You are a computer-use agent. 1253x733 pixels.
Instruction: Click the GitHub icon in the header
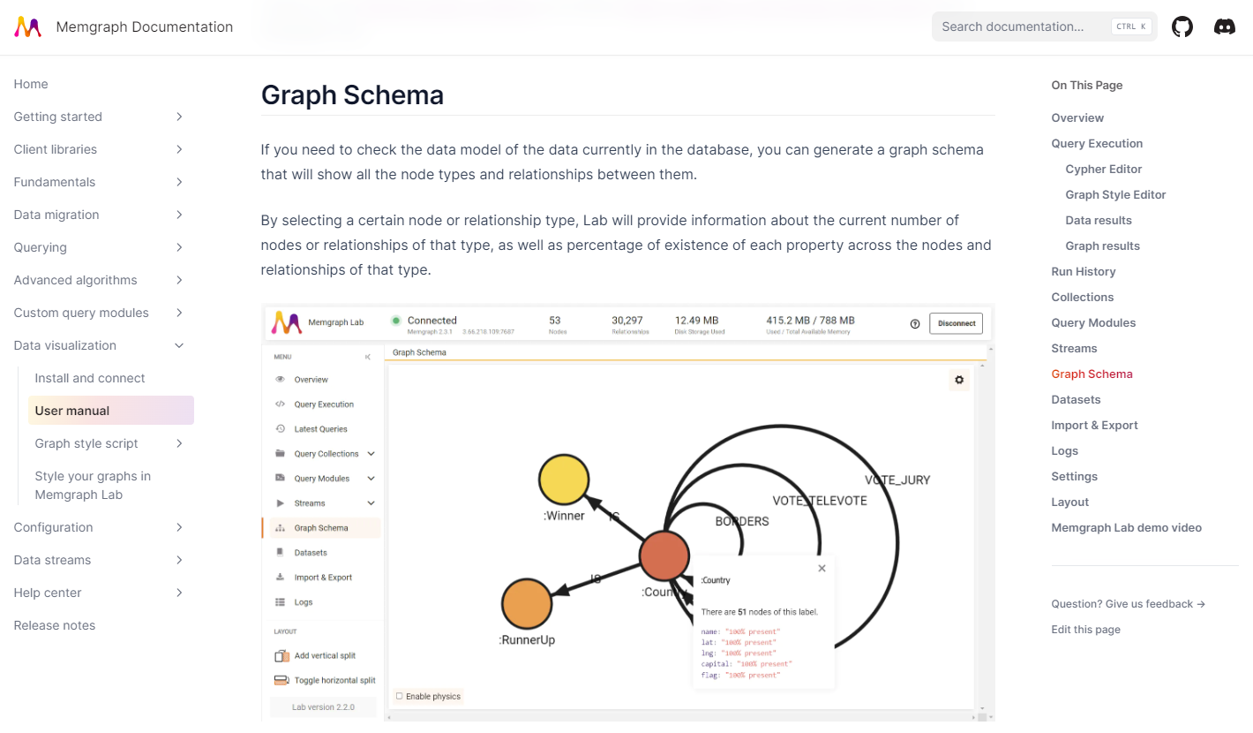pyautogui.click(x=1182, y=26)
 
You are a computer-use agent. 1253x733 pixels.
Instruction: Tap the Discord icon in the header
pyautogui.click(x=1225, y=26)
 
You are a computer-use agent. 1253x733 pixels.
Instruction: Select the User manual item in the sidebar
pyautogui.click(x=72, y=411)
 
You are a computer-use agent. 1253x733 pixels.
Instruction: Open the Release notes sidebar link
pyautogui.click(x=55, y=625)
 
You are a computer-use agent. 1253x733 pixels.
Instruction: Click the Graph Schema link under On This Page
pyautogui.click(x=1092, y=374)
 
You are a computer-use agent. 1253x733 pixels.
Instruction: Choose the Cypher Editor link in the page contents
pyautogui.click(x=1103, y=169)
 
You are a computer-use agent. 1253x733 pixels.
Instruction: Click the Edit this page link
pyautogui.click(x=1085, y=630)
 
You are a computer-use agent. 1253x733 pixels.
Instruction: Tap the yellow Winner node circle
pyautogui.click(x=564, y=480)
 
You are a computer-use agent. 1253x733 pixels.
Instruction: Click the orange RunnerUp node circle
pyautogui.click(x=527, y=604)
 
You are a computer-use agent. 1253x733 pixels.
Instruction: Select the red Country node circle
pyautogui.click(x=664, y=555)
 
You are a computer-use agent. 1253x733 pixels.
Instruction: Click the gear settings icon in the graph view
pyautogui.click(x=959, y=380)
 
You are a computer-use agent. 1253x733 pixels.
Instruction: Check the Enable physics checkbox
pyautogui.click(x=400, y=696)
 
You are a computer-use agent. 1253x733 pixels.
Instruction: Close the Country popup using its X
pyautogui.click(x=822, y=569)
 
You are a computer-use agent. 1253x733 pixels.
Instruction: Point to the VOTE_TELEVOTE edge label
pyautogui.click(x=819, y=501)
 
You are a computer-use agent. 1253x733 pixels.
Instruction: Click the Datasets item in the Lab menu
pyautogui.click(x=311, y=553)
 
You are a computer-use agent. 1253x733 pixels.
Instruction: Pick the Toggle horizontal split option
pyautogui.click(x=334, y=680)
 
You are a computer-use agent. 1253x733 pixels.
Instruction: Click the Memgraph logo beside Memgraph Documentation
pyautogui.click(x=28, y=26)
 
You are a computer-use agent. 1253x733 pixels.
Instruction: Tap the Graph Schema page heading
pyautogui.click(x=352, y=94)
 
